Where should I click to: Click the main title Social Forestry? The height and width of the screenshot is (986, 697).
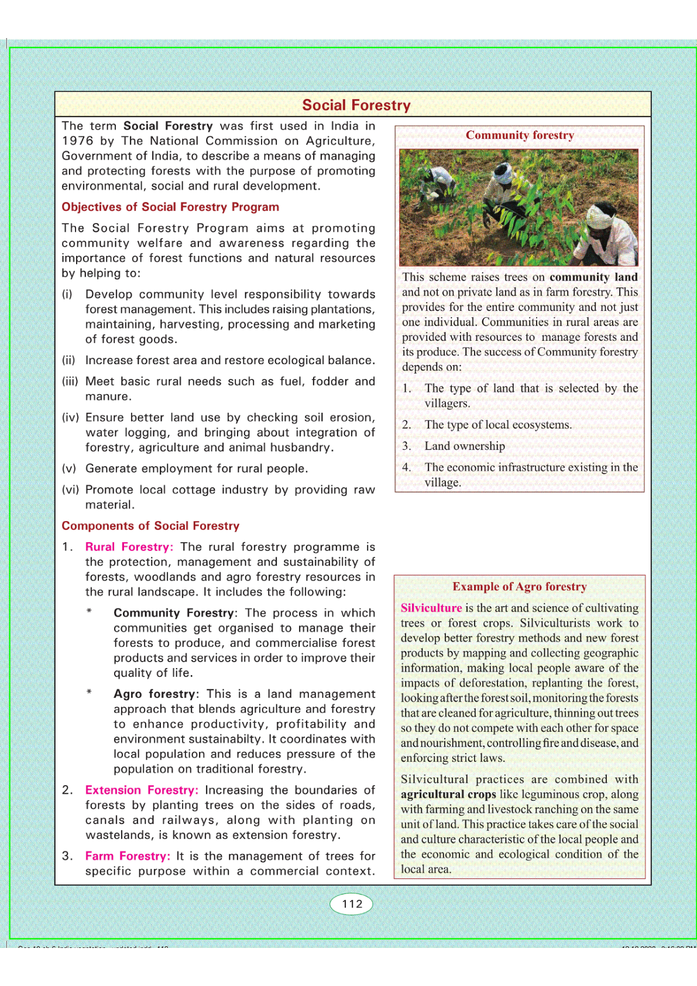(x=356, y=105)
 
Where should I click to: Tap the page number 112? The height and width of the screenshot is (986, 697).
(x=352, y=903)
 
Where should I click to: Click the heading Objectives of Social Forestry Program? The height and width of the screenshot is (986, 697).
(x=170, y=207)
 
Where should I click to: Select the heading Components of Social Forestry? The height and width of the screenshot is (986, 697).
(x=150, y=526)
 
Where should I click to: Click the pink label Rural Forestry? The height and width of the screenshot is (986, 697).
(x=129, y=547)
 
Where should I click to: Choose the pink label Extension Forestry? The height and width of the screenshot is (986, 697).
(x=142, y=790)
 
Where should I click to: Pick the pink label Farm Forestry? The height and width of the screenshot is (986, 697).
(x=128, y=856)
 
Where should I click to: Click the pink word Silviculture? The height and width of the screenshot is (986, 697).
(x=431, y=608)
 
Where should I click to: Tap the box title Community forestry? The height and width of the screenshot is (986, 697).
(x=520, y=135)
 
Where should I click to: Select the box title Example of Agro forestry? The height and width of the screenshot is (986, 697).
(x=519, y=587)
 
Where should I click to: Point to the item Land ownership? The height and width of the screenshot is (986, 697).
(x=465, y=446)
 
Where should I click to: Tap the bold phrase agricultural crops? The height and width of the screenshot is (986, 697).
(x=448, y=795)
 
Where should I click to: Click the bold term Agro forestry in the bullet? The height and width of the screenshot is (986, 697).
(x=154, y=694)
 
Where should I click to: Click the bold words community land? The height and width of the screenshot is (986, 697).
(x=593, y=278)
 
